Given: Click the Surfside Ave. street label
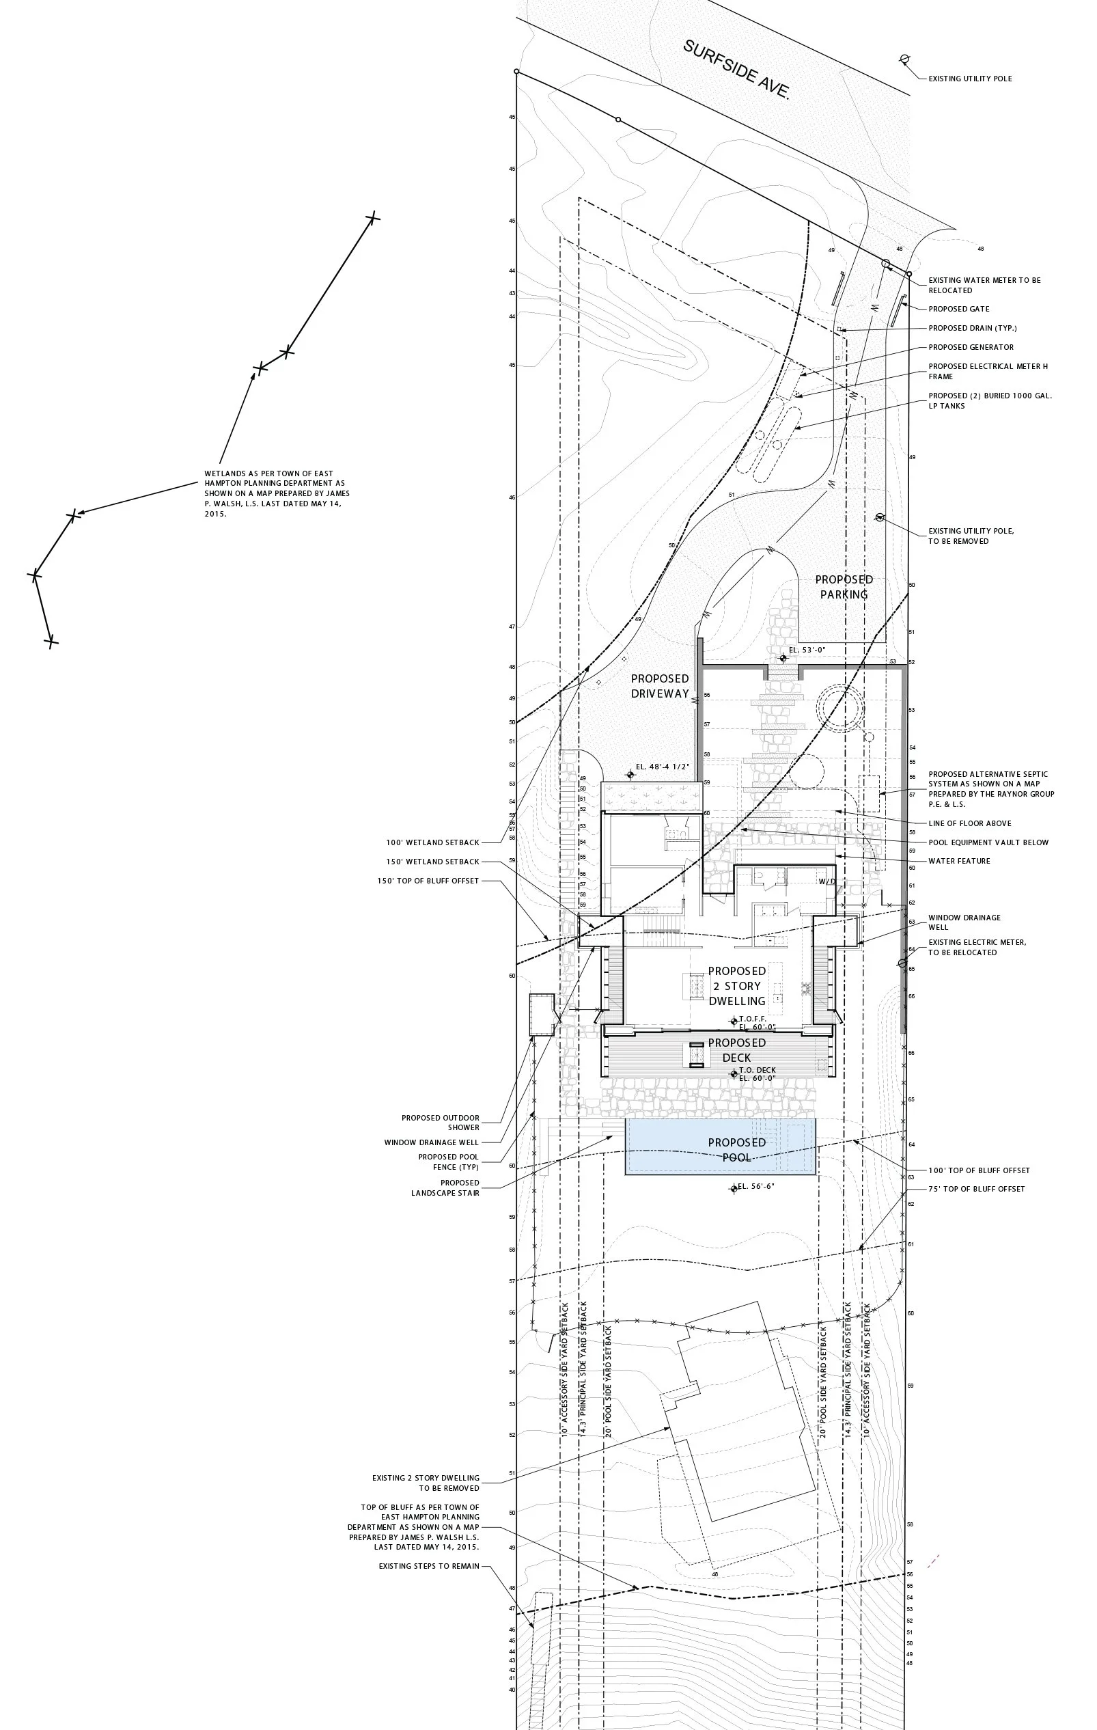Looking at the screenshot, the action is click(x=736, y=70).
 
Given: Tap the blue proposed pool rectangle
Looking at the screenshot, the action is click(x=721, y=1147).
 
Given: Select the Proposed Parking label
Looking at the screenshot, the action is click(x=844, y=587).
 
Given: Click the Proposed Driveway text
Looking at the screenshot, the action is click(x=659, y=686).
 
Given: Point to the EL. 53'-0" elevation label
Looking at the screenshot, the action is click(x=807, y=650).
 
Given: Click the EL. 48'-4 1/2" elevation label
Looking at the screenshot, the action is click(x=663, y=767).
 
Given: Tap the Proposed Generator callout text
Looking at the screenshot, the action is click(x=971, y=347).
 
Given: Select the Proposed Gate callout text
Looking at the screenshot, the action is click(x=958, y=309).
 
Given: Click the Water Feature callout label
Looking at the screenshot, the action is click(x=959, y=861).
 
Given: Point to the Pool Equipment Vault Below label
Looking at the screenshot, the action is click(x=988, y=842).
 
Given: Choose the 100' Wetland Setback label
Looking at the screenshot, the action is click(x=432, y=842).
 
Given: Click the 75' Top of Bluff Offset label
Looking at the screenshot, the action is click(x=976, y=1189).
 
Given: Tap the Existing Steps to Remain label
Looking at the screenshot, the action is click(x=429, y=1566).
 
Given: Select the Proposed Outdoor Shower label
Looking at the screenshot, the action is click(x=441, y=1122).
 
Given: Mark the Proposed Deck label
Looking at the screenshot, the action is click(x=736, y=1049).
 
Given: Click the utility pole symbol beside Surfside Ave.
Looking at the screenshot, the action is click(x=904, y=59).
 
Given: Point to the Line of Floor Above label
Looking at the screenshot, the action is click(x=969, y=823).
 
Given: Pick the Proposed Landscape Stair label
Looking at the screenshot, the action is click(x=445, y=1187).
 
